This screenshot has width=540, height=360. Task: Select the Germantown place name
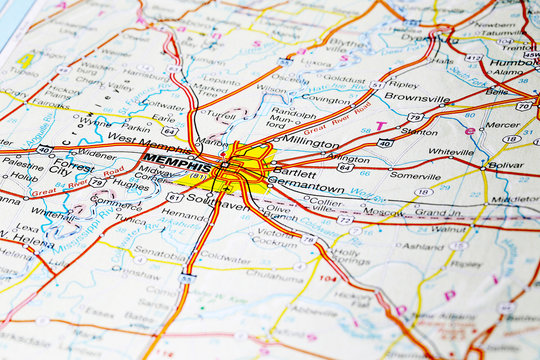[310, 187]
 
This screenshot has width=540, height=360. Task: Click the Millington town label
[310, 142]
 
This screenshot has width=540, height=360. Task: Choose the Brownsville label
[417, 98]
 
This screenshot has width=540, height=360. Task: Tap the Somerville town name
[415, 175]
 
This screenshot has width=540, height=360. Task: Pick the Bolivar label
[505, 164]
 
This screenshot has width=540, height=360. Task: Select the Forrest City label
[72, 165]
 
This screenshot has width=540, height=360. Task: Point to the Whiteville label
[451, 152]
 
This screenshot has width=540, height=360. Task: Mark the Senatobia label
[160, 255]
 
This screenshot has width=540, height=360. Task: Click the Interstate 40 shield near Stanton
[384, 143]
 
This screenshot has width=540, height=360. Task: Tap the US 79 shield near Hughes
[97, 182]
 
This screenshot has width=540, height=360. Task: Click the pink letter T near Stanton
[380, 127]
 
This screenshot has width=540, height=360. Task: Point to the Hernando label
[182, 214]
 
